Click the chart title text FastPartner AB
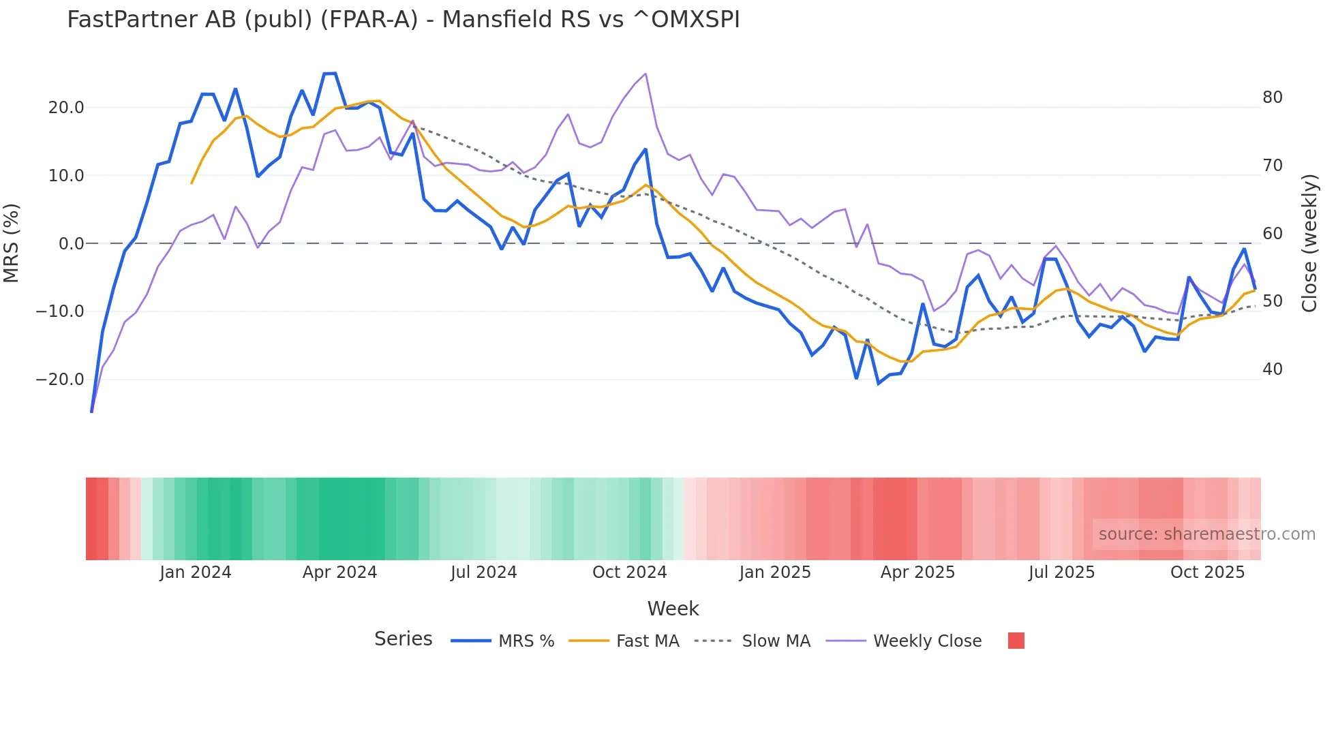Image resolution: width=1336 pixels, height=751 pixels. point(402,20)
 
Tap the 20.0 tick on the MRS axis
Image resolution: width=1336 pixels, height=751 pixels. point(66,108)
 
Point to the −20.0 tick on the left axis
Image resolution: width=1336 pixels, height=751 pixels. point(60,380)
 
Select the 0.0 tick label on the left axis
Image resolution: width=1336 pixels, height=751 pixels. point(71,244)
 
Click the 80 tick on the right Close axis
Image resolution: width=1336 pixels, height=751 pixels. point(1272,97)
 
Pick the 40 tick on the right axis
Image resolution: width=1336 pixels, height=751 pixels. point(1272,369)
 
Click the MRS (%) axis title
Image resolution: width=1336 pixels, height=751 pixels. point(12,243)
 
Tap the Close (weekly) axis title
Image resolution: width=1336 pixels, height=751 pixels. point(1309,243)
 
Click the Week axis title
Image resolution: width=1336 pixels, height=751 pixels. point(673,609)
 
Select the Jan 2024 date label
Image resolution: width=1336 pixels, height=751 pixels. point(196,572)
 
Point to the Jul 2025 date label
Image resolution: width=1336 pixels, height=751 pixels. point(1061,572)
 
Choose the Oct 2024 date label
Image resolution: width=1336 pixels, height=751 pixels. point(629,572)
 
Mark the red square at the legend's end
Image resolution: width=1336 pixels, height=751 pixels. point(1016,641)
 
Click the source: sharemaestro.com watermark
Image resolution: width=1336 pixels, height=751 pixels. point(1206,534)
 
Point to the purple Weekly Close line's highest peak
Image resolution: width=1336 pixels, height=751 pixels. point(646,74)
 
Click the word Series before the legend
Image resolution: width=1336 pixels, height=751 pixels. point(403,639)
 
